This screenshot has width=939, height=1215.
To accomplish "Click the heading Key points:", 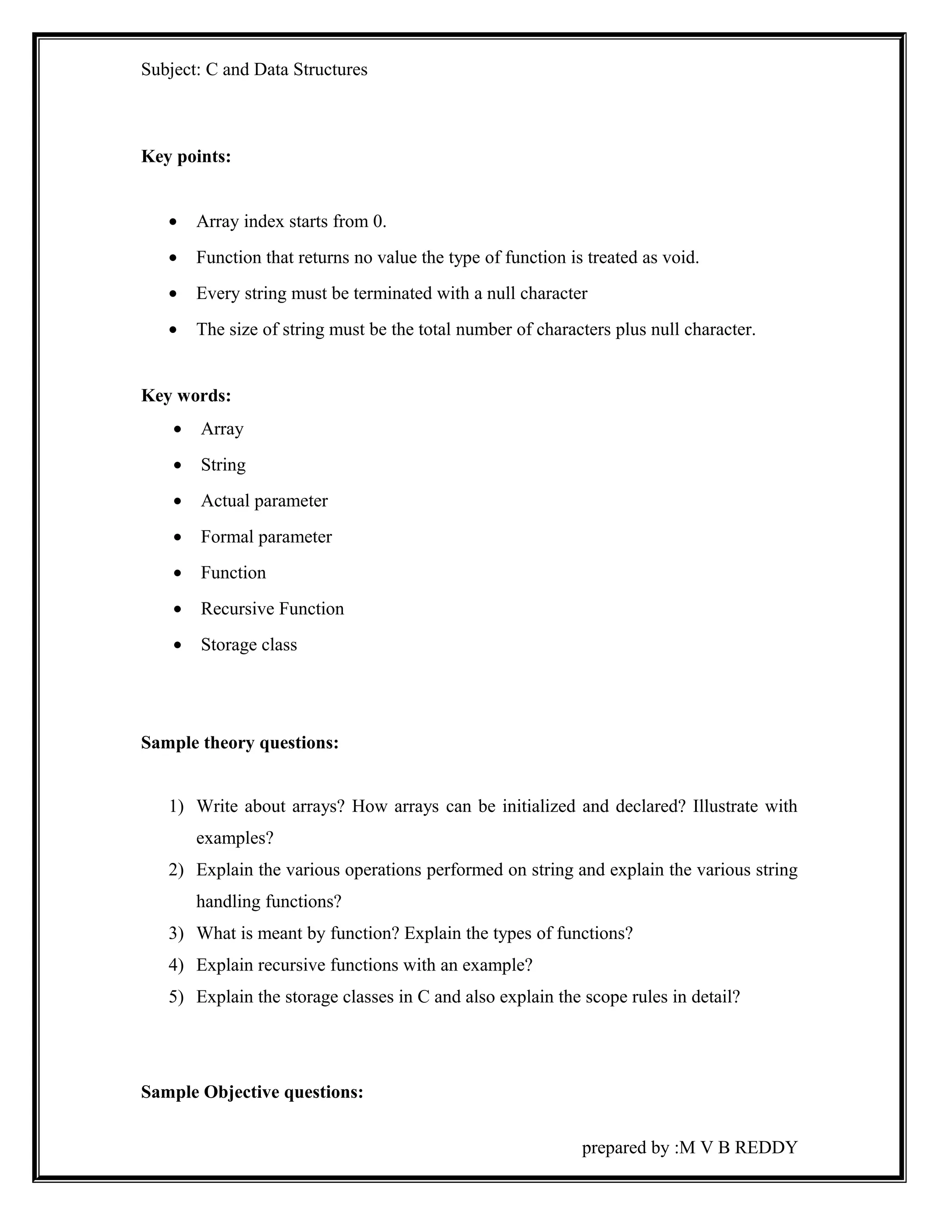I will pyautogui.click(x=186, y=157).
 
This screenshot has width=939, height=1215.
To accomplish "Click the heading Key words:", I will pyautogui.click(x=186, y=396).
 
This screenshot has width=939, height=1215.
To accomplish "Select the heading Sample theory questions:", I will pyautogui.click(x=240, y=743).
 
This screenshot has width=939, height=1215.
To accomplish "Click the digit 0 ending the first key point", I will pyautogui.click(x=378, y=222).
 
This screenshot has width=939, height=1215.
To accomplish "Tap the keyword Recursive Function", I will pyautogui.click(x=272, y=608).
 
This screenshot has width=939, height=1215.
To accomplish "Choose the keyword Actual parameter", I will pyautogui.click(x=264, y=501).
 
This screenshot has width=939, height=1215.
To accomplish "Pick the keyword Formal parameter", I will pyautogui.click(x=266, y=537).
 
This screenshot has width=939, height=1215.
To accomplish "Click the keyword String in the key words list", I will pyautogui.click(x=223, y=465).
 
